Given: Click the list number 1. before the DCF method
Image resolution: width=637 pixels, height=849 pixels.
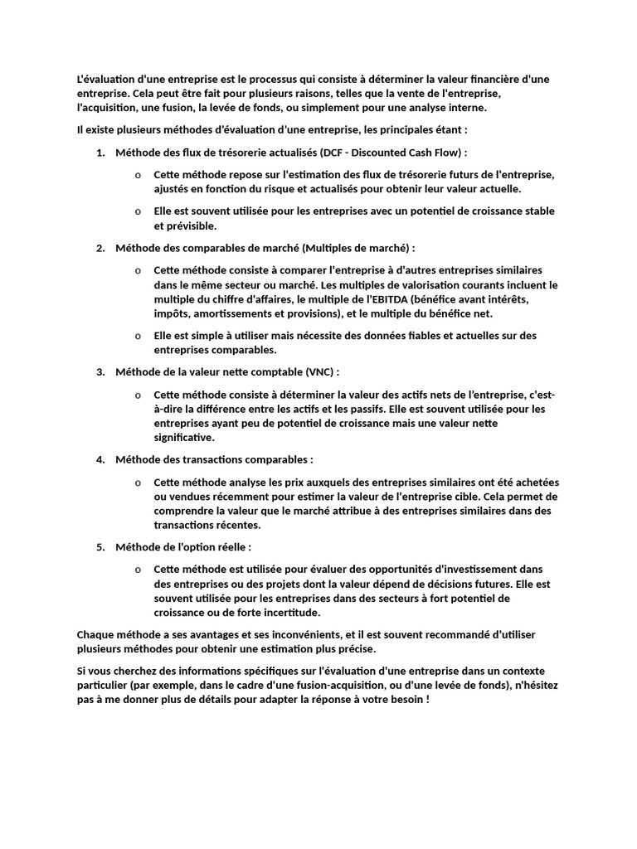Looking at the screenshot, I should [x=100, y=153].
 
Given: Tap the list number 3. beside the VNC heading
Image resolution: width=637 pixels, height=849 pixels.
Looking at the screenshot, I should [x=100, y=371].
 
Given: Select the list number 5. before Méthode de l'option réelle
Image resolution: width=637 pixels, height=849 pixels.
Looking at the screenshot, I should [x=100, y=547].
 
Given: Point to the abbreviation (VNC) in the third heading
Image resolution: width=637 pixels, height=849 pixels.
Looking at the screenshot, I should [x=322, y=371].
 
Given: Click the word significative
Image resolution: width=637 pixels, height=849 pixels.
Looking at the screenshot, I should [x=183, y=437].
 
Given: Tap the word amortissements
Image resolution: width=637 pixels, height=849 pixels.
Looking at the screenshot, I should [x=235, y=313].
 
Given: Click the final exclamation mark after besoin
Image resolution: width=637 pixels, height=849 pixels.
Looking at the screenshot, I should [x=427, y=699].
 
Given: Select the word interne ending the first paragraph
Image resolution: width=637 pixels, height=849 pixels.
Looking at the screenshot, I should [x=468, y=108].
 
